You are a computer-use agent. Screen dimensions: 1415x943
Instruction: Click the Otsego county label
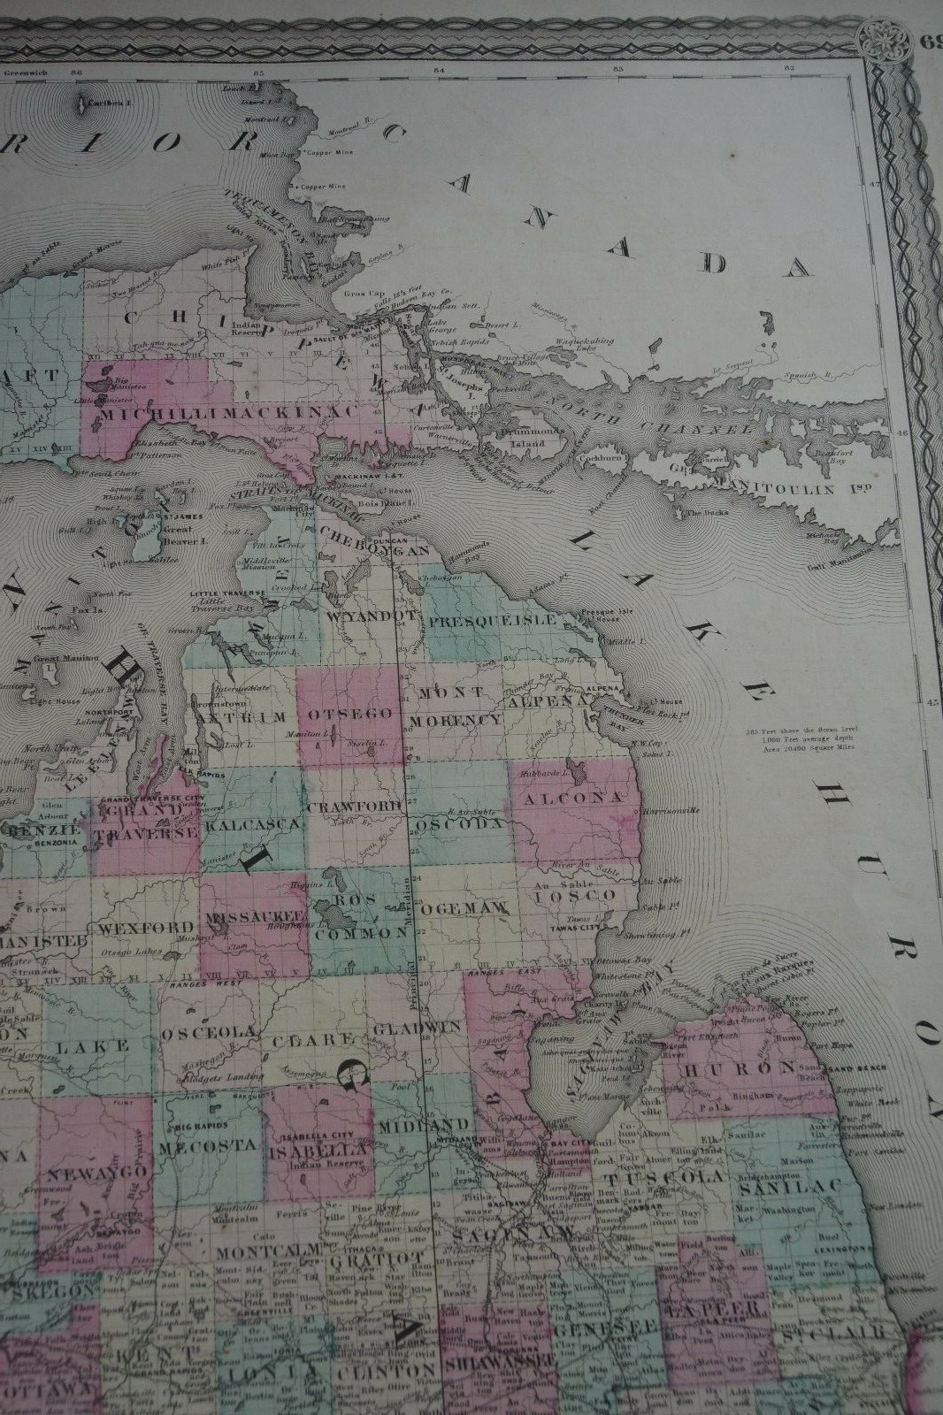pyautogui.click(x=349, y=714)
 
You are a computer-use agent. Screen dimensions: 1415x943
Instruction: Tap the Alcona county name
pyautogui.click(x=574, y=798)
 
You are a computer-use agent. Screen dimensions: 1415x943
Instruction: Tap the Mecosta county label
pyautogui.click(x=208, y=1147)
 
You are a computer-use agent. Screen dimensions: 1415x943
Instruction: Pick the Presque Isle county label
pyautogui.click(x=492, y=619)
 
